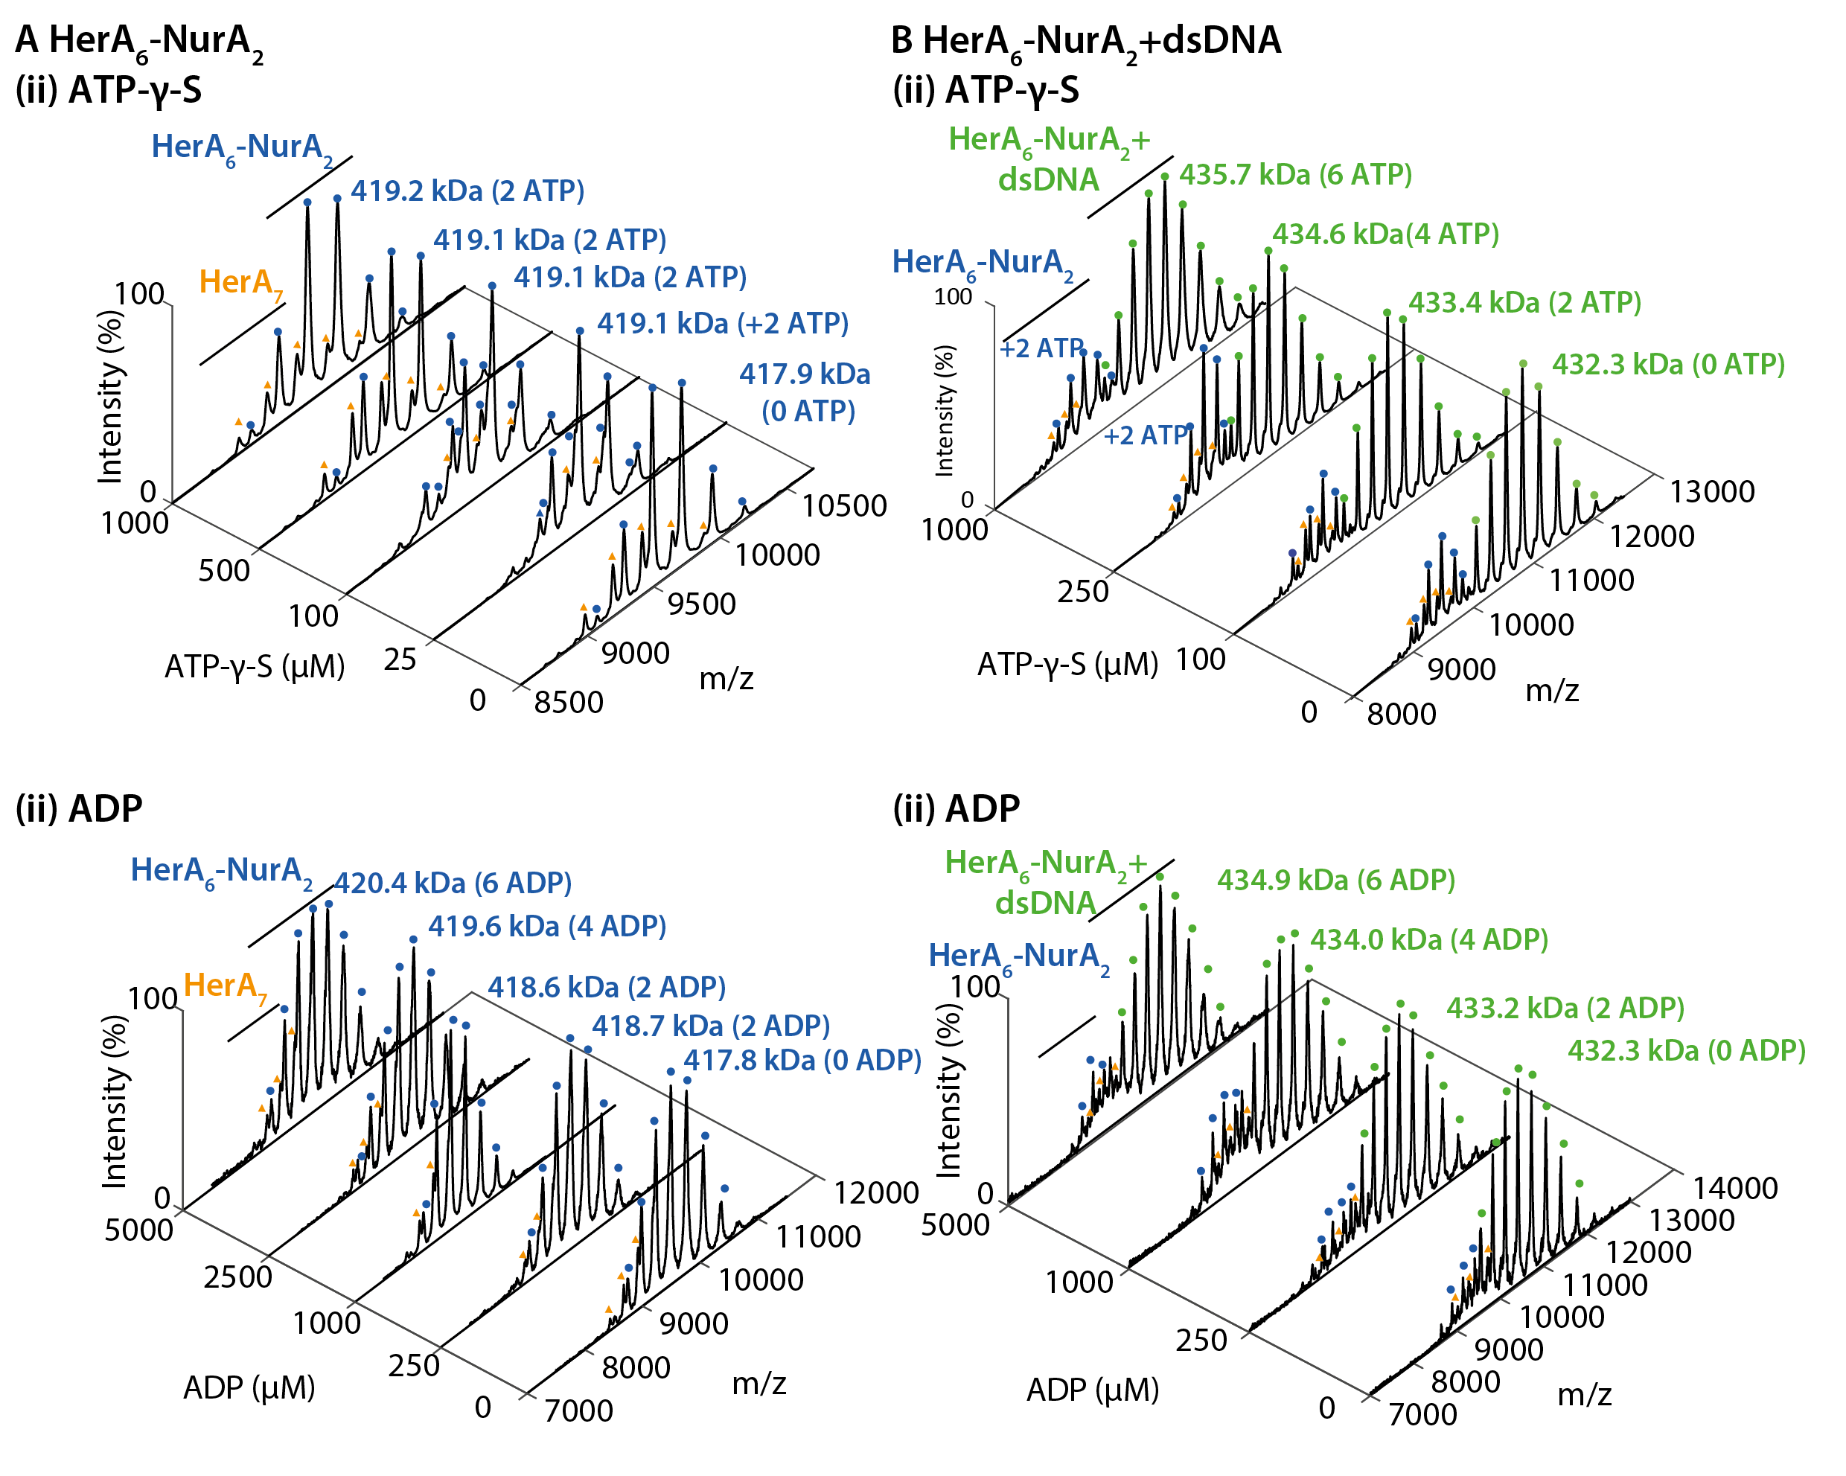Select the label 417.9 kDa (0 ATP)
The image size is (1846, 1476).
805,392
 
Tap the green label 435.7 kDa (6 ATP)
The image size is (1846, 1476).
1295,175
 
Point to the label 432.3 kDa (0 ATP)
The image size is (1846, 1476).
1668,365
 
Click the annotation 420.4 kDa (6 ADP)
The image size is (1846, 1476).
453,883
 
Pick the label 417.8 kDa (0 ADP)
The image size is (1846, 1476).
802,1060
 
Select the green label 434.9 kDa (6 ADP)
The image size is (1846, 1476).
1335,879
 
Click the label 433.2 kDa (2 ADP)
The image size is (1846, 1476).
1565,1008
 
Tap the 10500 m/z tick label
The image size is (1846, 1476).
843,506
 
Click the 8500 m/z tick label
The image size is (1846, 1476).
569,702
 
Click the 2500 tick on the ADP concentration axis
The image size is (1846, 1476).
238,1277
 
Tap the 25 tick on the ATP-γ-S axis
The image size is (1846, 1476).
400,659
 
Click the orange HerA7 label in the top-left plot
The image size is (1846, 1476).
240,284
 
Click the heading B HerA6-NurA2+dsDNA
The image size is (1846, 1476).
1086,41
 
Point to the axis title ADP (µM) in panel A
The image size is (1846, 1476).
249,1387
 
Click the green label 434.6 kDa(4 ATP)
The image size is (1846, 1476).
1385,234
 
